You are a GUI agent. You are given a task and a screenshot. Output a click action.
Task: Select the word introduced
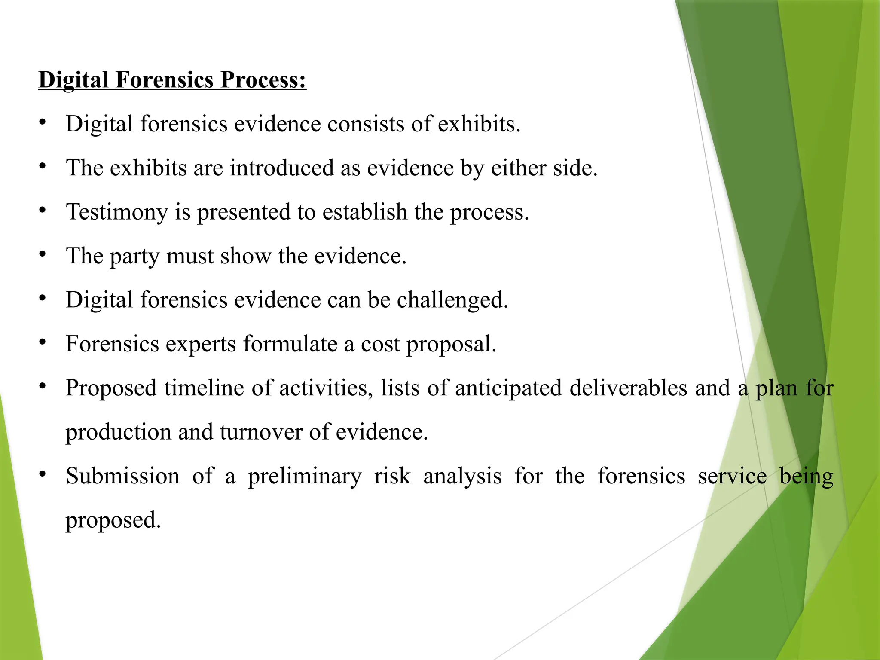282,168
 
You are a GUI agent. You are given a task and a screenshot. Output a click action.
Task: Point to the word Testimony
116,212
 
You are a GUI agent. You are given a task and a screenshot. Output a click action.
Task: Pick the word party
134,257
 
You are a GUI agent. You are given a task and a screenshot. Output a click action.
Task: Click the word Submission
123,477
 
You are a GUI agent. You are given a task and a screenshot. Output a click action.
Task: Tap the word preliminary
305,477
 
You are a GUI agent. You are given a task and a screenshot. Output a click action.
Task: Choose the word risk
392,477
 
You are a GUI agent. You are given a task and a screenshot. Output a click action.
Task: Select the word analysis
462,477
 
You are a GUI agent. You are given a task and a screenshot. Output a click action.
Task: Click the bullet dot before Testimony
42,210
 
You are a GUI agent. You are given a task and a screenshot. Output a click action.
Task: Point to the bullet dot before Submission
42,474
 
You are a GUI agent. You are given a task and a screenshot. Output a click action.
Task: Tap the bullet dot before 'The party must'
42,254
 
